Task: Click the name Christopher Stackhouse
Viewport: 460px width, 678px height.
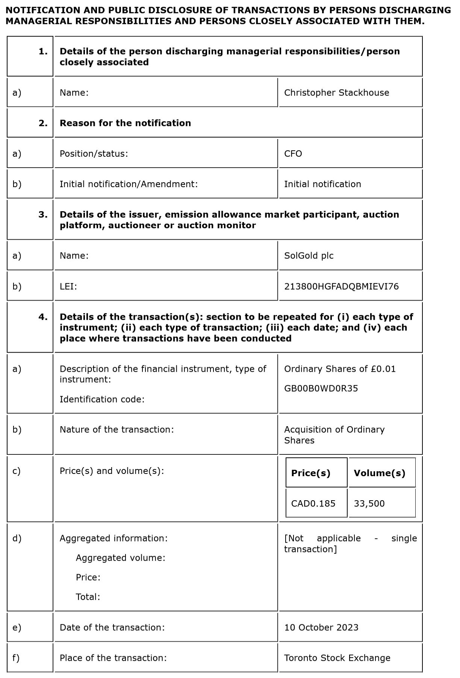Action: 336,93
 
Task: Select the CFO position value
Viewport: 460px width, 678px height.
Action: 293,154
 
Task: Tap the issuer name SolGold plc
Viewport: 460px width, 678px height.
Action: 309,256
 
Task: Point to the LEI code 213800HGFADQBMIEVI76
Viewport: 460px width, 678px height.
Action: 341,287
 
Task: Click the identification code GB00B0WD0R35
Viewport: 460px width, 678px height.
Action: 321,389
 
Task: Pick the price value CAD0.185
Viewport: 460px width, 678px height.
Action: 313,504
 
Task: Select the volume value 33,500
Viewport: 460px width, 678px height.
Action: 369,504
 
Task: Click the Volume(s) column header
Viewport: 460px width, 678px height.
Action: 379,473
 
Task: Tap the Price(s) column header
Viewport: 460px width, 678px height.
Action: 310,473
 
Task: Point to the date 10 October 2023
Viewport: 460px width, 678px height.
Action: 321,628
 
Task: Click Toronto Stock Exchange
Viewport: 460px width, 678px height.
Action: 337,658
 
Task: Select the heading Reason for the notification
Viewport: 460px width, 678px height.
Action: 125,123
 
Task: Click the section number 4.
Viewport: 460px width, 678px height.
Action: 43,317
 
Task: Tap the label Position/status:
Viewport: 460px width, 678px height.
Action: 94,154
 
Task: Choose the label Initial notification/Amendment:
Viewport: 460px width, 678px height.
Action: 129,184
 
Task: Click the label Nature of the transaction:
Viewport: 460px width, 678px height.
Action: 117,430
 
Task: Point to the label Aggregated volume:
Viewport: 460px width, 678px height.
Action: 120,558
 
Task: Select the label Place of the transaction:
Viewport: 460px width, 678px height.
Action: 113,658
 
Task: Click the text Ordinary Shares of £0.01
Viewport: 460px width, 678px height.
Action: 340,369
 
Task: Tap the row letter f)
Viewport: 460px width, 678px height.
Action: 16,658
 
